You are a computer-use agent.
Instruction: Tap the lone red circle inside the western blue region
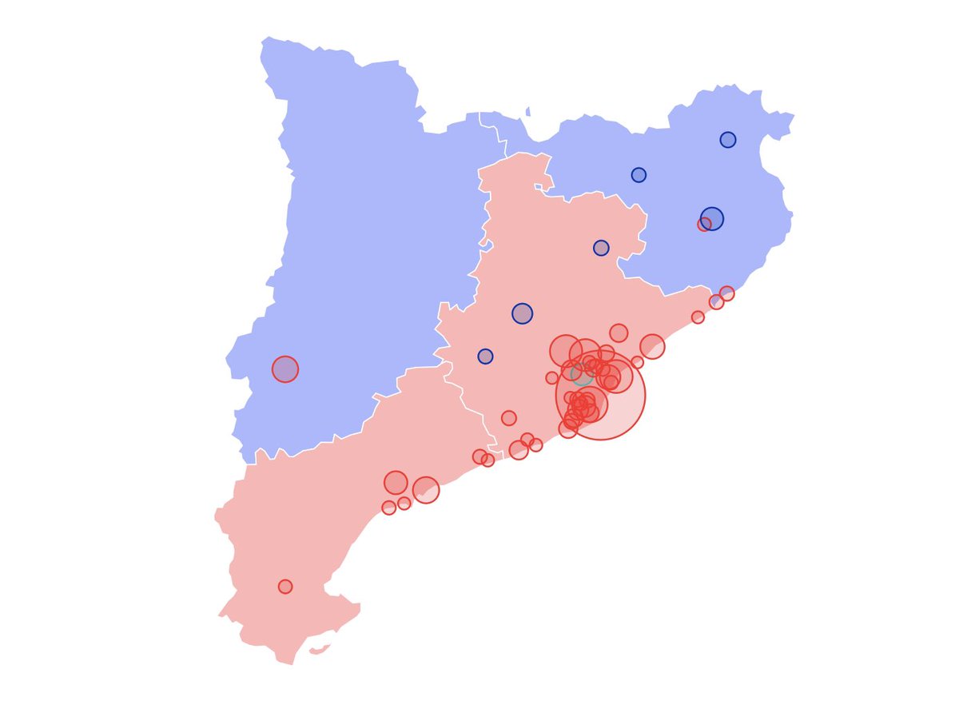pyautogui.click(x=285, y=369)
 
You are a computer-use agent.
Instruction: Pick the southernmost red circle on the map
pyautogui.click(x=285, y=587)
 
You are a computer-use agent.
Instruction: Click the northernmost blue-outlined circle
pyautogui.click(x=728, y=140)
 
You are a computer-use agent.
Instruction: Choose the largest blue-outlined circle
pyautogui.click(x=712, y=218)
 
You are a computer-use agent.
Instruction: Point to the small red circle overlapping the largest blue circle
pyautogui.click(x=704, y=225)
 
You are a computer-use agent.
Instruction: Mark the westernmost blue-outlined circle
pyautogui.click(x=485, y=356)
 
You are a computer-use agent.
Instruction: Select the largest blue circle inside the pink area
pyautogui.click(x=522, y=313)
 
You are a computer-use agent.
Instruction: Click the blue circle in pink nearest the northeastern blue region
pyautogui.click(x=601, y=248)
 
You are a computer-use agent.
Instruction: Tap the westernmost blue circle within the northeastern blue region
pyautogui.click(x=639, y=175)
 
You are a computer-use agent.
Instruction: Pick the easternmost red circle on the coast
pyautogui.click(x=726, y=293)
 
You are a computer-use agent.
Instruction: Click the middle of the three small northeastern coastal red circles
pyautogui.click(x=716, y=302)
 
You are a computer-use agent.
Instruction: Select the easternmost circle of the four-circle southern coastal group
pyautogui.click(x=426, y=490)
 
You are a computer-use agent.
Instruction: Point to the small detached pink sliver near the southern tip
pyautogui.click(x=320, y=650)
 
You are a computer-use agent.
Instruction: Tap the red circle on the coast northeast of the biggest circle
pyautogui.click(x=652, y=346)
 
